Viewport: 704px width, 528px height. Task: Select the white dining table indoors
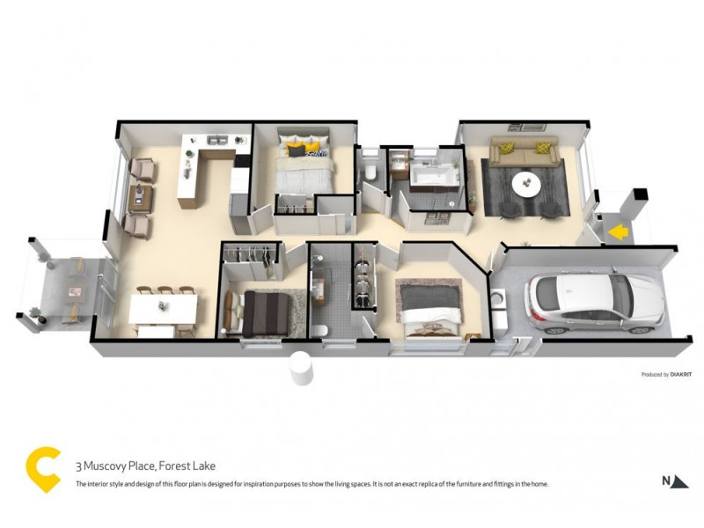(164, 307)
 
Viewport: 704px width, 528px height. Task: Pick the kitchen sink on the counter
(216, 141)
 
